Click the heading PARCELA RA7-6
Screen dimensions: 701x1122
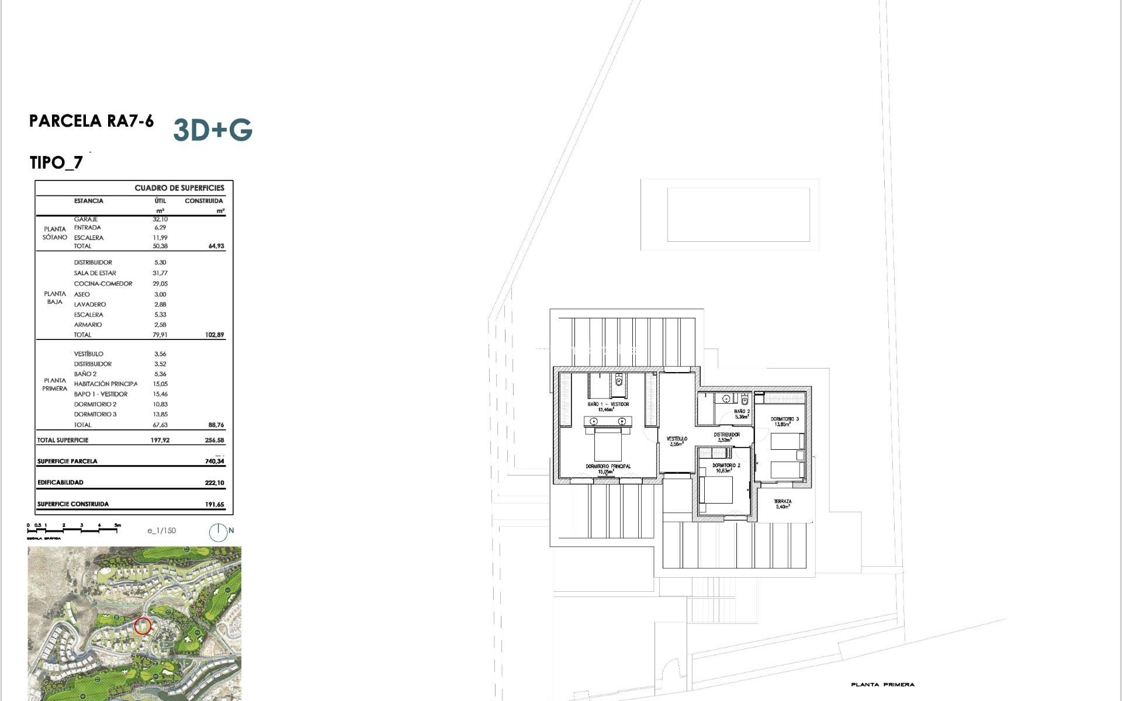coord(91,121)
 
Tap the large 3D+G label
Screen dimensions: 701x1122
coord(213,130)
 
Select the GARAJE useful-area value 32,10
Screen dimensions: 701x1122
coord(160,219)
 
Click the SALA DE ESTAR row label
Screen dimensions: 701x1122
coord(95,273)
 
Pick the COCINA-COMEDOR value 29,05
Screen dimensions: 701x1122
coord(160,283)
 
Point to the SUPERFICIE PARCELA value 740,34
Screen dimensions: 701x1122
coord(214,461)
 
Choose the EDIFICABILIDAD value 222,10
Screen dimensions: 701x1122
coord(214,483)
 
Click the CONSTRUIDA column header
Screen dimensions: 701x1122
coord(203,201)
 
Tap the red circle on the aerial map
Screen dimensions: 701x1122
coord(143,626)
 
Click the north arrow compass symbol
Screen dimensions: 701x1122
coord(218,532)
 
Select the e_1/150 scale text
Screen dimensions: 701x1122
coord(161,530)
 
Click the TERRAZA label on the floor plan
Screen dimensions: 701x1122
coord(782,502)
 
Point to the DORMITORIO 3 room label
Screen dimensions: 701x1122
coord(784,419)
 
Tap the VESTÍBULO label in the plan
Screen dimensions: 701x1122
coord(677,439)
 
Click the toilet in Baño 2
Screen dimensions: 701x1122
coord(744,400)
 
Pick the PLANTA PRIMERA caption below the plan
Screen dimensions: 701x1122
coord(882,685)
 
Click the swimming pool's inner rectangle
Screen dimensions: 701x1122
coord(738,214)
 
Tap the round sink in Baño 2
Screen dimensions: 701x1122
coord(726,399)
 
